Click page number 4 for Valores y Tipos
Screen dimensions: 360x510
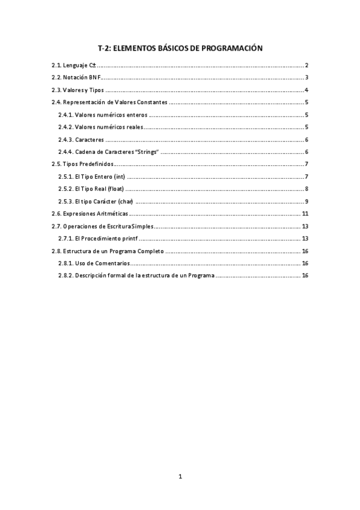click(307, 90)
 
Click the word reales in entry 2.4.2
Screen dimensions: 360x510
click(131, 127)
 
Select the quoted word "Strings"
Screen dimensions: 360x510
click(147, 152)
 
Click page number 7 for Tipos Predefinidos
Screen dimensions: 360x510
click(307, 164)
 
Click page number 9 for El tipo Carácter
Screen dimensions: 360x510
click(307, 201)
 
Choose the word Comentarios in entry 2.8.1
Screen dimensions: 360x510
click(112, 263)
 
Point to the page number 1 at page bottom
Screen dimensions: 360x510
click(180, 477)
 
